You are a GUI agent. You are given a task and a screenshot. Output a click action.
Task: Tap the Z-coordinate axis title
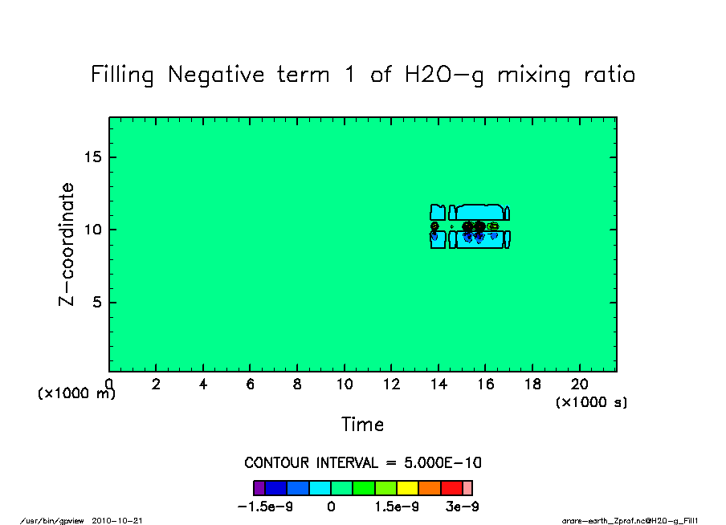pyautogui.click(x=67, y=244)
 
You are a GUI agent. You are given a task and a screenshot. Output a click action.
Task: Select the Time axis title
pyautogui.click(x=362, y=425)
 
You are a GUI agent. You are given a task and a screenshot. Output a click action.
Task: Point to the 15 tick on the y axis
pyautogui.click(x=93, y=157)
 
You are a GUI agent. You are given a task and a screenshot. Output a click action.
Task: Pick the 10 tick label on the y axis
pyautogui.click(x=93, y=230)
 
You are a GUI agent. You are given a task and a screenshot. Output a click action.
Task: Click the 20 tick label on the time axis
pyautogui.click(x=579, y=385)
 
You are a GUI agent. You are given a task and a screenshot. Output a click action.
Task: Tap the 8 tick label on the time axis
pyautogui.click(x=297, y=385)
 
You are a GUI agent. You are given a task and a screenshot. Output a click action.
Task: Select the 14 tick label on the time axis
pyautogui.click(x=438, y=385)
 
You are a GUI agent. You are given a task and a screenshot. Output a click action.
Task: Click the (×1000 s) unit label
pyautogui.click(x=591, y=402)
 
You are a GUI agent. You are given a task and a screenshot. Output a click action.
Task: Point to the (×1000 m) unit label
pyautogui.click(x=77, y=393)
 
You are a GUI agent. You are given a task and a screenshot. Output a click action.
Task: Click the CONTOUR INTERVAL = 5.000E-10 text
pyautogui.click(x=363, y=463)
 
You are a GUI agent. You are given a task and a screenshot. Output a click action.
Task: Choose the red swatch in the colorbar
pyautogui.click(x=451, y=487)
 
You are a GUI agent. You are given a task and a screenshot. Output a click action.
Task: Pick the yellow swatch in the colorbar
pyautogui.click(x=408, y=487)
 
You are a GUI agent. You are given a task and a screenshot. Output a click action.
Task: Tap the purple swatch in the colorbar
pyautogui.click(x=259, y=487)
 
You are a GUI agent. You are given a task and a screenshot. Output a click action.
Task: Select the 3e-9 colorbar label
pyautogui.click(x=463, y=507)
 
